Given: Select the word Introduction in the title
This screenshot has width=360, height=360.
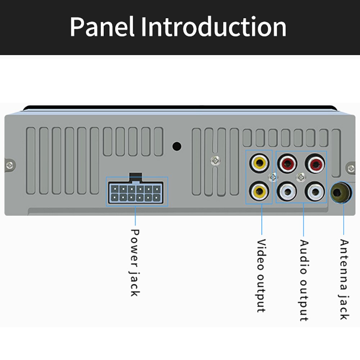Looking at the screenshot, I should pyautogui.click(x=213, y=27).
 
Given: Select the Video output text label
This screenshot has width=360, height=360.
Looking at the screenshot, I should pyautogui.click(x=261, y=275).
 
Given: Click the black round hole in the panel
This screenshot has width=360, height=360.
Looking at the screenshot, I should pyautogui.click(x=177, y=147).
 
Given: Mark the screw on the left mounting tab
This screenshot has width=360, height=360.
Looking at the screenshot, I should pyautogui.click(x=10, y=165).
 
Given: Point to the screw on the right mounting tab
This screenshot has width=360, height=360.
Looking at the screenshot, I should pyautogui.click(x=351, y=168).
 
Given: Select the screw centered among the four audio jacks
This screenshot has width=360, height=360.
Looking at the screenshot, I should pyautogui.click(x=301, y=177).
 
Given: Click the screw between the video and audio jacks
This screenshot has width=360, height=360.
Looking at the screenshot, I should pyautogui.click(x=273, y=177).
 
